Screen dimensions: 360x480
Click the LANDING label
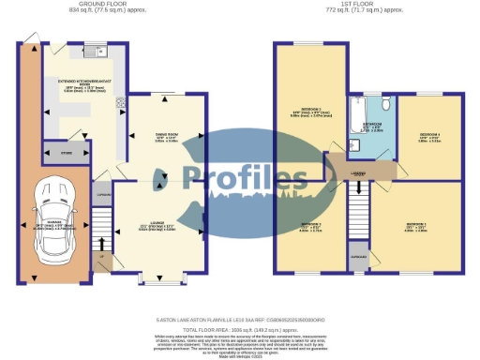pos(358,173)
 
